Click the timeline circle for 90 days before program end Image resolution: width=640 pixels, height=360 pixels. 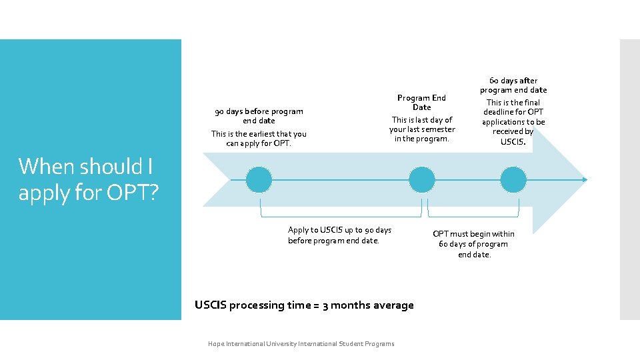coord(259,179)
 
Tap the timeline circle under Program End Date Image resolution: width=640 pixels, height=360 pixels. coord(421,179)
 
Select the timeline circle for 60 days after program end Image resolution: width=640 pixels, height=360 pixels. coord(513,179)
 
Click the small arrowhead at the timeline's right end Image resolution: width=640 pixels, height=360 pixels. coord(585,179)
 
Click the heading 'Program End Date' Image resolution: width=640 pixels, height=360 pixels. coord(421,102)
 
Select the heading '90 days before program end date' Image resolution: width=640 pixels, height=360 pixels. coord(259,116)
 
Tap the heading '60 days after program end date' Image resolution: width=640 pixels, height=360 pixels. coord(513,85)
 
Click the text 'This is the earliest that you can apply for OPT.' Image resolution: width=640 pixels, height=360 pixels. coord(259,138)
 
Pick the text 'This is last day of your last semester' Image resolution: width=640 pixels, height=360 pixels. coord(422,125)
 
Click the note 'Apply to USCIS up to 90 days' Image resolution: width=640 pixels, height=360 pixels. coord(339,230)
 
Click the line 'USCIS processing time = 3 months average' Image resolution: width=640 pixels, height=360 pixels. coord(304,305)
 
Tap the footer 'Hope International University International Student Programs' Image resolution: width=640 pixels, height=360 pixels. coord(301,344)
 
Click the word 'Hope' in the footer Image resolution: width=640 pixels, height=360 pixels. coord(216,344)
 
